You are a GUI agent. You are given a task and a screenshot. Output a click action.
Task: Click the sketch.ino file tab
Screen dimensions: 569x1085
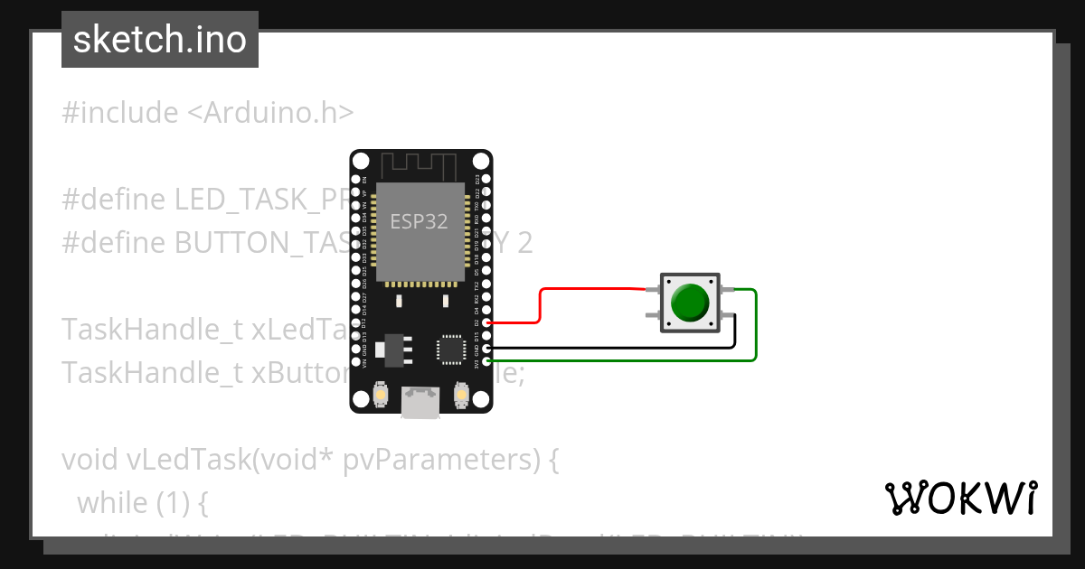[x=159, y=40]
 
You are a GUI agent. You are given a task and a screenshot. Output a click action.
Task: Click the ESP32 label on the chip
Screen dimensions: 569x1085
[x=419, y=222]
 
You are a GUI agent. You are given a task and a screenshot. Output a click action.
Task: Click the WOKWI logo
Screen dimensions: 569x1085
[x=960, y=498]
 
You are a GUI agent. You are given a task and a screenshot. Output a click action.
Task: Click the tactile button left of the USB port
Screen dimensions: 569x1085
[x=381, y=395]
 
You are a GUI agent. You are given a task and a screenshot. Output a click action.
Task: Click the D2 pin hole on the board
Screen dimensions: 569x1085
[x=487, y=322]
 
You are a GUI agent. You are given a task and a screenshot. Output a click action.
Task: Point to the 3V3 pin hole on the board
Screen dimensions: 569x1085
[x=487, y=362]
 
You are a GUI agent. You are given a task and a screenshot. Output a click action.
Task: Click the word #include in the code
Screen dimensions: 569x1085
[x=120, y=113]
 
